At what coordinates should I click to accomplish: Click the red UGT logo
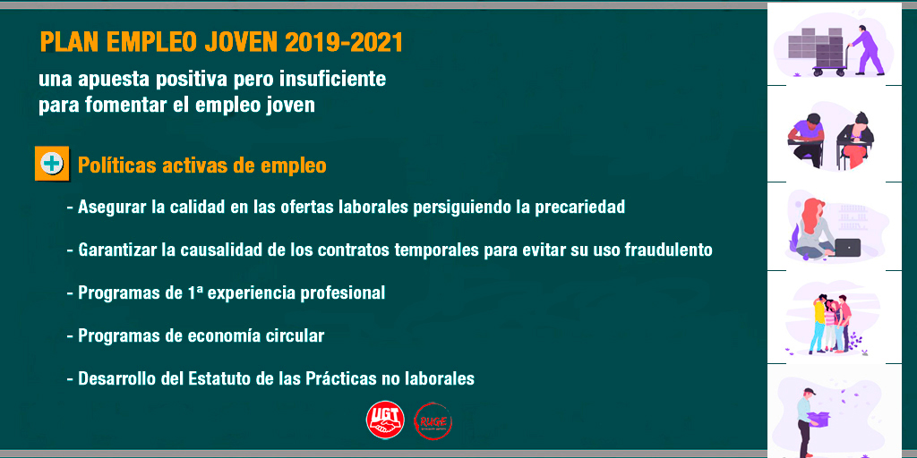[385, 420]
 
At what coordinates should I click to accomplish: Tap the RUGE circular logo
[433, 420]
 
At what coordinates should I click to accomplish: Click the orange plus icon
[52, 163]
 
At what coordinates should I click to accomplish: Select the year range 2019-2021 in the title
[344, 42]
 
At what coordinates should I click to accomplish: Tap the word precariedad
[580, 208]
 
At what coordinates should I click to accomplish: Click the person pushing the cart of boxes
[867, 50]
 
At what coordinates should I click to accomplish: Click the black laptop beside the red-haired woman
[847, 247]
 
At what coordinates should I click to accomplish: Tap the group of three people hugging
[829, 323]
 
